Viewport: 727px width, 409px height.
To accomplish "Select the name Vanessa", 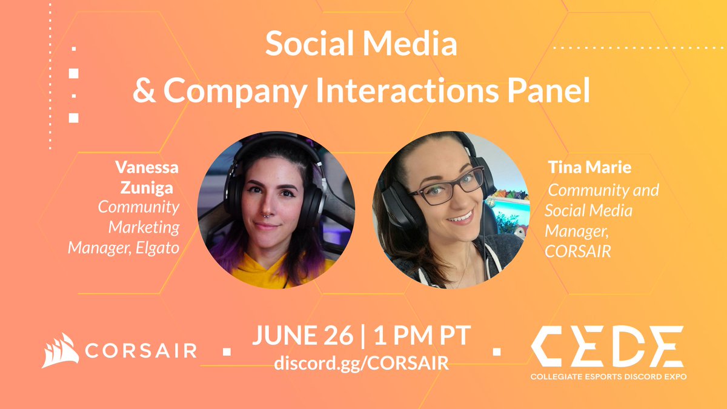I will click(x=147, y=167).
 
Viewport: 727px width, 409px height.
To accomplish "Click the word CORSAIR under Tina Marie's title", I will click(x=578, y=251).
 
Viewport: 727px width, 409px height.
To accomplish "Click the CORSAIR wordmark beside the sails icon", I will click(x=140, y=351).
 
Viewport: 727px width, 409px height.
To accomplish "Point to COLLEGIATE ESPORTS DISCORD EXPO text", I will click(x=608, y=376).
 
